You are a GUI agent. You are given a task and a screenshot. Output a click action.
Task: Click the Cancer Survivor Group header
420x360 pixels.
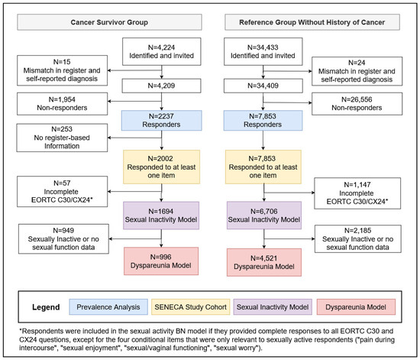click(x=109, y=22)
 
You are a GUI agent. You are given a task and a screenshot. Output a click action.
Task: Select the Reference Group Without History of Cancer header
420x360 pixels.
click(x=312, y=22)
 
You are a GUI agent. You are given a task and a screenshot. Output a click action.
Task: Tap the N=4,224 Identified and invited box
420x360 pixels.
click(x=162, y=51)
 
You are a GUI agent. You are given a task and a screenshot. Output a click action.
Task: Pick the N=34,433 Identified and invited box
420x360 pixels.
click(x=263, y=51)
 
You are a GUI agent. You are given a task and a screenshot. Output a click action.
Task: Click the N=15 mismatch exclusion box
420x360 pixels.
click(x=62, y=70)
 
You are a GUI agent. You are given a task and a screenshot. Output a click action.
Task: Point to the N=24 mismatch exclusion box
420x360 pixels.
click(x=357, y=71)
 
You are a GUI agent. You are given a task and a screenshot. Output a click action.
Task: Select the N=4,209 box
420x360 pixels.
click(x=162, y=86)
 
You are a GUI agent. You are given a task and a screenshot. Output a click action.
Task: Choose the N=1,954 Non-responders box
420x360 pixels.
click(x=62, y=104)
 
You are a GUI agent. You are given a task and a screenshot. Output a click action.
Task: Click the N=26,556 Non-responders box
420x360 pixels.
click(x=357, y=104)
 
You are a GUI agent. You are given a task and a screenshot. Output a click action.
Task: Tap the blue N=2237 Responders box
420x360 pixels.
click(x=162, y=120)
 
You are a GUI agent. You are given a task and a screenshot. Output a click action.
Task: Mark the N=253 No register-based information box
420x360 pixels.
click(x=62, y=138)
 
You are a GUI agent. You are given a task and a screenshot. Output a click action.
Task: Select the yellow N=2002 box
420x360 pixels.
click(x=162, y=167)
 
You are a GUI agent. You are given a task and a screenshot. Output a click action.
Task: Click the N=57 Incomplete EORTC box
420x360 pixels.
click(x=62, y=192)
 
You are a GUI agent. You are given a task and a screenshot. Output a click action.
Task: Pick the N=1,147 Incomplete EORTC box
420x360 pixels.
click(x=357, y=193)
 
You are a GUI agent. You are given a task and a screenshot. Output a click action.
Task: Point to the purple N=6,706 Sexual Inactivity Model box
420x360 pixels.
click(x=264, y=216)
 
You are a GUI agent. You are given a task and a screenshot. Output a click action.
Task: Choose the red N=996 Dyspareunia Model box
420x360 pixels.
click(x=161, y=261)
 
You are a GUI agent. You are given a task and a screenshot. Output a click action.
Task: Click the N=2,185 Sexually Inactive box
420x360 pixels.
click(x=358, y=238)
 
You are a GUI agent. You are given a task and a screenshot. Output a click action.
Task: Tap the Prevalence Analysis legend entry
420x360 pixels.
click(x=108, y=307)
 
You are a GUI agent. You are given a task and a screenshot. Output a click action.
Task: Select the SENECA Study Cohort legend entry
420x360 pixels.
click(x=190, y=307)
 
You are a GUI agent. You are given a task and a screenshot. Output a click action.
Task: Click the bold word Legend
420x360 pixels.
click(x=46, y=307)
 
